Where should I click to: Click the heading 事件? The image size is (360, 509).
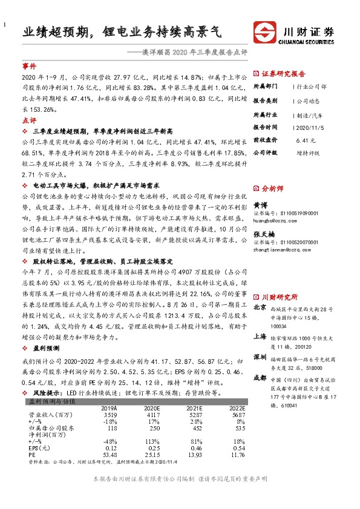click(29, 66)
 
